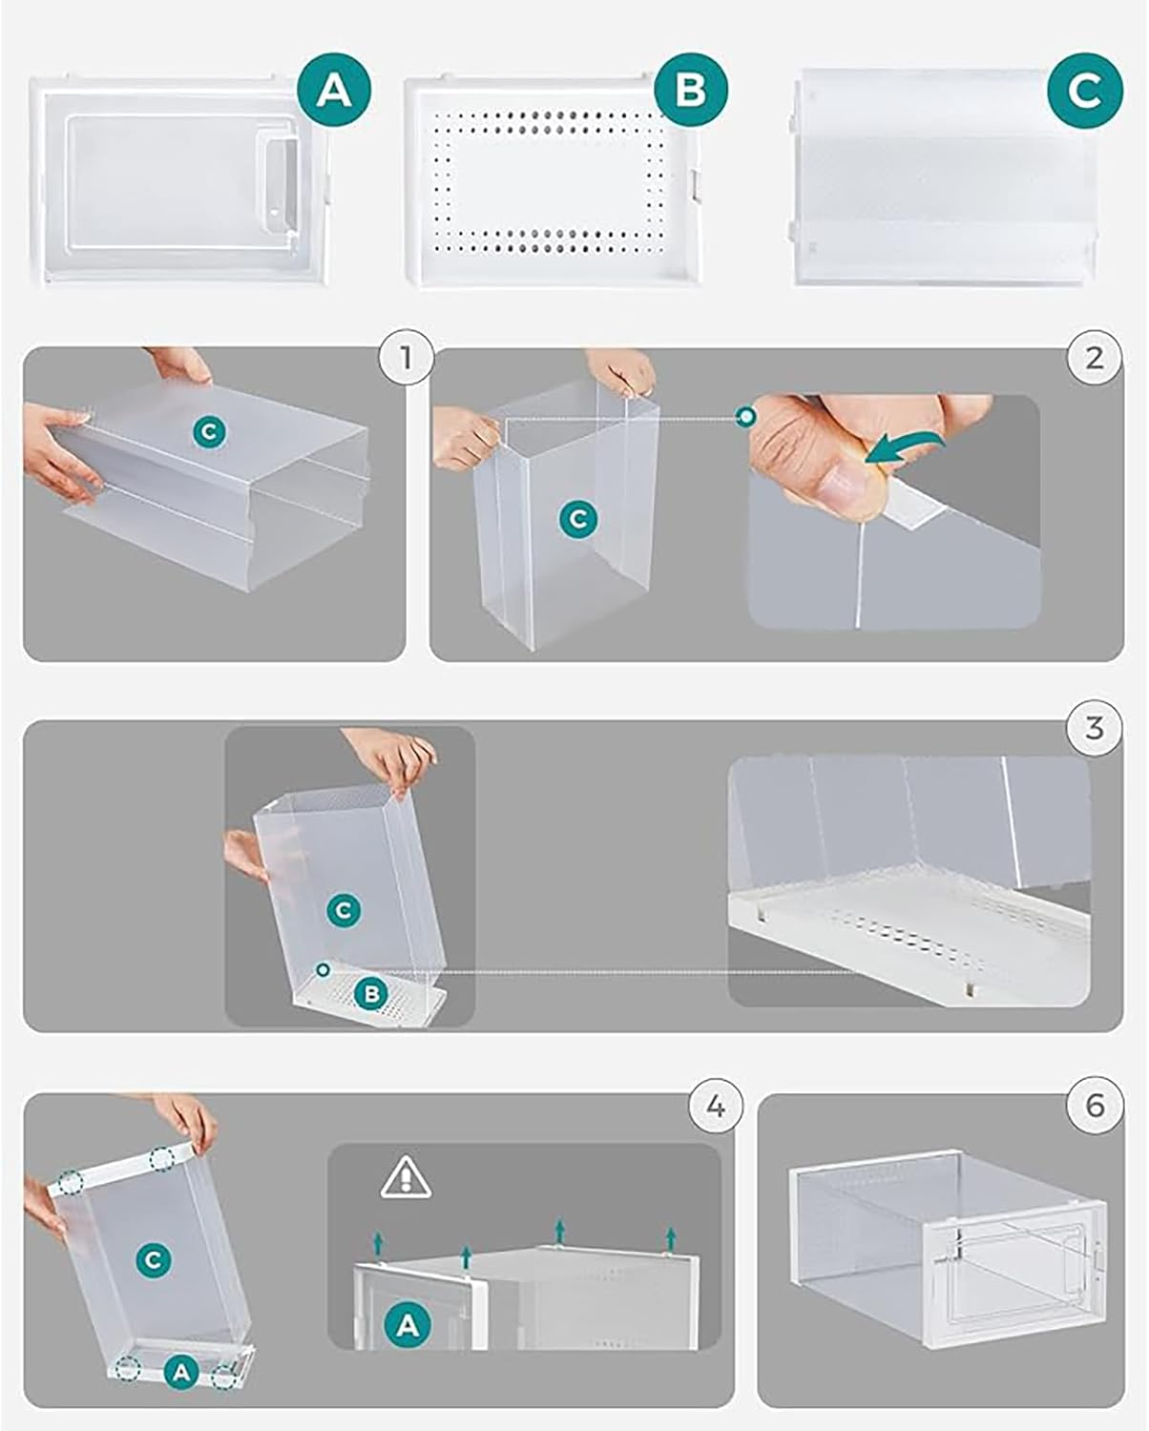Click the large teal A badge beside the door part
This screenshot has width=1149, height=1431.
tap(333, 91)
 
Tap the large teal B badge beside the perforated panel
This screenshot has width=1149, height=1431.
tap(691, 89)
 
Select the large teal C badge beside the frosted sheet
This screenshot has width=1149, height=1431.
tap(1084, 91)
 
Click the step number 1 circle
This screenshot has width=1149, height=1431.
tap(406, 357)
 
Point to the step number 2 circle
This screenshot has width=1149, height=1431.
tap(1095, 358)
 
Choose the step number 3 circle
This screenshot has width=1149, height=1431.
tap(1095, 728)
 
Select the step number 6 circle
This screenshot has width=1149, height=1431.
tap(1095, 1106)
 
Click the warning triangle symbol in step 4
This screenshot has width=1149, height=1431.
tap(406, 1179)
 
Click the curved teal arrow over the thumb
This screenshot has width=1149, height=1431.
tap(907, 446)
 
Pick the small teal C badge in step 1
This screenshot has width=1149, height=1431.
tap(209, 432)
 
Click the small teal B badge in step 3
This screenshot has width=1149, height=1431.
tap(371, 994)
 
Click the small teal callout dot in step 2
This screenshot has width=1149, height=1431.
tap(746, 417)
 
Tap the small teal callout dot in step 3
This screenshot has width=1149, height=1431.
tap(324, 970)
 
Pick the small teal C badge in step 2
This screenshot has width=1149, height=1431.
tap(578, 519)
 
